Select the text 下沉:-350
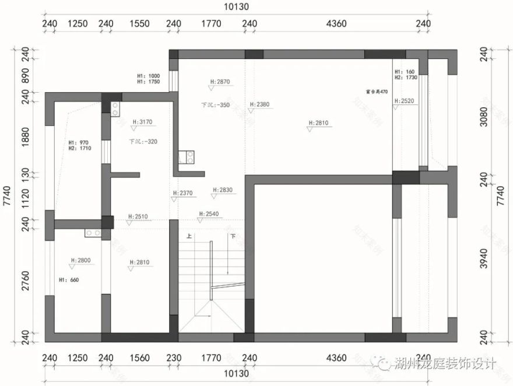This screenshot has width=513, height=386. (x=215, y=106)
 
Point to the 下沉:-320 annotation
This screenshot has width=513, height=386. (x=143, y=142)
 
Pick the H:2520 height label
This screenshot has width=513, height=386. (x=404, y=101)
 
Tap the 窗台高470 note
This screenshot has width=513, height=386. (x=377, y=92)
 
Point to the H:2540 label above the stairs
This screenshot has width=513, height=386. (x=209, y=214)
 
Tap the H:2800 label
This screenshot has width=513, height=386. (x=81, y=261)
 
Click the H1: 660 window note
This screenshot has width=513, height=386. (x=69, y=280)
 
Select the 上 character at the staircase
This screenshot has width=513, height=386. (x=189, y=237)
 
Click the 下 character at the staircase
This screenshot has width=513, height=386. (x=233, y=237)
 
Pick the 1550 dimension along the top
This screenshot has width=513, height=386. (x=140, y=24)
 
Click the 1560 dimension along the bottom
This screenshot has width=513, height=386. (x=140, y=358)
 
